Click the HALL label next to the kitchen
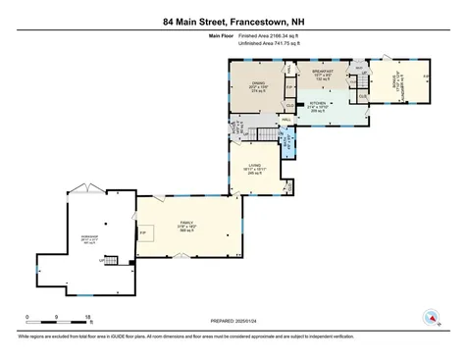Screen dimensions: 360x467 286,120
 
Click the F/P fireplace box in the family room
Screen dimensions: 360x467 145,232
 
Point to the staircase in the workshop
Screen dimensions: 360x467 110,261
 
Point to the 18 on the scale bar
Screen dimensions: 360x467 87,317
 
